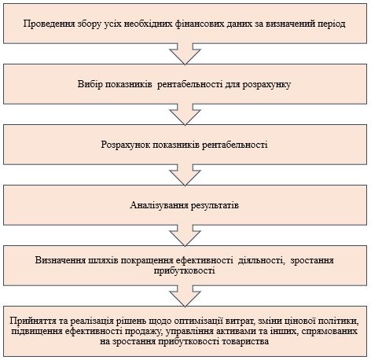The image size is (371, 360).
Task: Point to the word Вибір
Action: click(x=89, y=84)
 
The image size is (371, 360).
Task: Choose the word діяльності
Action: click(x=261, y=261)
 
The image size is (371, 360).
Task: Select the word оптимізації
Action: click(x=200, y=321)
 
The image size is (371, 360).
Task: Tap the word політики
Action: click(x=340, y=321)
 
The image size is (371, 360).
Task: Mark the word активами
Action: click(x=235, y=331)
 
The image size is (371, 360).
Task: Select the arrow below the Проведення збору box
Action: click(x=185, y=54)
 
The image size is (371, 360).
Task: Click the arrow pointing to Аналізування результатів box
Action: click(x=185, y=175)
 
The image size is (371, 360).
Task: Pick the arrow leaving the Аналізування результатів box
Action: click(x=185, y=236)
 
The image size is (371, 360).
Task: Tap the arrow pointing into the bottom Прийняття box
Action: click(x=185, y=296)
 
